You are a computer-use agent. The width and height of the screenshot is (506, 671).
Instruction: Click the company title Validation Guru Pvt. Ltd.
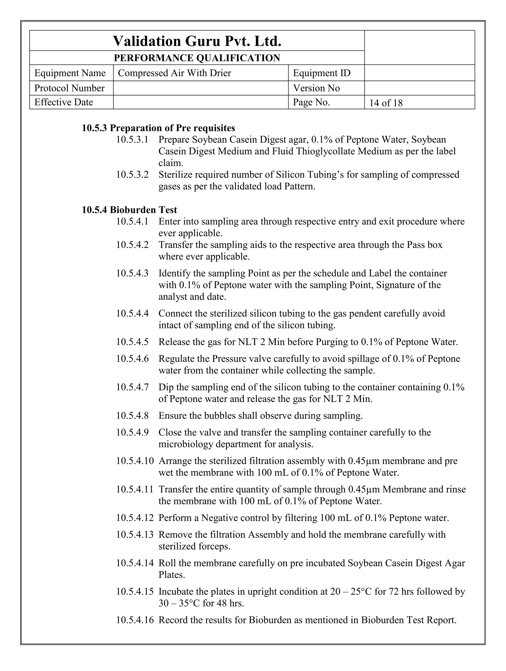point(197,41)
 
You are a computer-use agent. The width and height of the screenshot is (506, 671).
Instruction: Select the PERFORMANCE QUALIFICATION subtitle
point(197,58)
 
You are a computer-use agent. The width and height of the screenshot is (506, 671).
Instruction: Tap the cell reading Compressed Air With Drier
point(174,73)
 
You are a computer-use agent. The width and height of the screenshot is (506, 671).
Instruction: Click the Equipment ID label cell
point(322,73)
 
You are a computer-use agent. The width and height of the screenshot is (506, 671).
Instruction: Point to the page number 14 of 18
point(386,103)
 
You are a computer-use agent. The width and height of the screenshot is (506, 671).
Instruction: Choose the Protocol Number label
point(69,88)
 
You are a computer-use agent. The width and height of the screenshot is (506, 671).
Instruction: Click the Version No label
point(316,88)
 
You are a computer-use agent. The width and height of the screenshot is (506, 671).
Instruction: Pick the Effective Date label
point(64,102)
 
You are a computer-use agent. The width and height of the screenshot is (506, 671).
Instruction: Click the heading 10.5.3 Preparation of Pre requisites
point(158,128)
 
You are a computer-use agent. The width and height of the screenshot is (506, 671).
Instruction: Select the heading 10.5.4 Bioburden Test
point(129,210)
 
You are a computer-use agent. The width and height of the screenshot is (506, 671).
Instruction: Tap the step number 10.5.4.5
point(132,342)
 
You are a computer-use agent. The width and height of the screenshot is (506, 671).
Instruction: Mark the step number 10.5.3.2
point(132,175)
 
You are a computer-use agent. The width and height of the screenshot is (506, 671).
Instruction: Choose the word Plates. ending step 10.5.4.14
point(172,575)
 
